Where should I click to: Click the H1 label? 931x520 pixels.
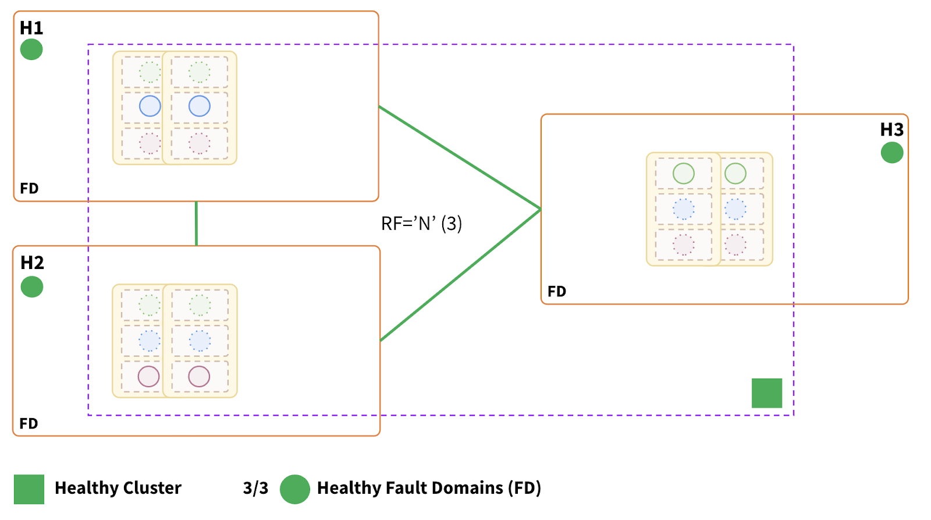(31, 28)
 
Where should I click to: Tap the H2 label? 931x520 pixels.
(32, 263)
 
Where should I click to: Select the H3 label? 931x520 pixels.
(891, 129)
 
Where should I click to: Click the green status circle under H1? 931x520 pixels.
(31, 49)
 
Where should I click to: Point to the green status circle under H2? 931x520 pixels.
(32, 286)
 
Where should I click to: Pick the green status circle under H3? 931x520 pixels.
(891, 153)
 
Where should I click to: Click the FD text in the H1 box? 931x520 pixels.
(29, 189)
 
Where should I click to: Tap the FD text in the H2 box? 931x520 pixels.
(29, 423)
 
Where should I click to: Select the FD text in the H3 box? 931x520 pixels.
(557, 291)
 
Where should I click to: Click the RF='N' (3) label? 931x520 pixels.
(421, 224)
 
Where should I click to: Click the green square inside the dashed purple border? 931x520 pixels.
(766, 393)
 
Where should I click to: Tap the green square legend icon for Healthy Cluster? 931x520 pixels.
(29, 489)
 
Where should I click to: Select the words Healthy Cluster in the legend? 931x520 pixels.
(118, 488)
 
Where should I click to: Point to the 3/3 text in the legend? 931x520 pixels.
(255, 488)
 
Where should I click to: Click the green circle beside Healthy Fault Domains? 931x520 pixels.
(295, 489)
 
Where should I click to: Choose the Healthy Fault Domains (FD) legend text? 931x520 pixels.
(429, 488)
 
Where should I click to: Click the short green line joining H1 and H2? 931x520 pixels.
(196, 224)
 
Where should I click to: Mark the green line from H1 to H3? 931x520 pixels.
(460, 157)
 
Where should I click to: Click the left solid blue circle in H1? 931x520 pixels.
(150, 106)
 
